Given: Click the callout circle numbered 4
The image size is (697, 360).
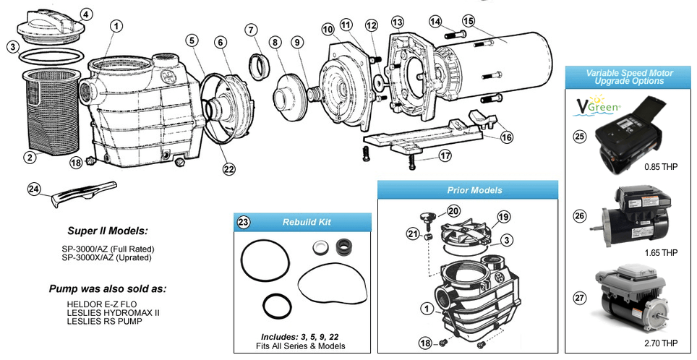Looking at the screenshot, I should point(86,14).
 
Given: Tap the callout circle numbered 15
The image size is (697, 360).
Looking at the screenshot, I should point(469,22).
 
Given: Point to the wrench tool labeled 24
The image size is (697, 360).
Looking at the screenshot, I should point(80,194).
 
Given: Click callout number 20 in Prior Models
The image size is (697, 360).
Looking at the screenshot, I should point(453,211).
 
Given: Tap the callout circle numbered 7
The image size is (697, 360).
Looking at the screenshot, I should point(251,30).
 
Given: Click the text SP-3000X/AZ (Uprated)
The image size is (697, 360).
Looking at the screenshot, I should point(108,257).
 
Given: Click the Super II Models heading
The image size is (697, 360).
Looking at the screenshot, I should point(108,231).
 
